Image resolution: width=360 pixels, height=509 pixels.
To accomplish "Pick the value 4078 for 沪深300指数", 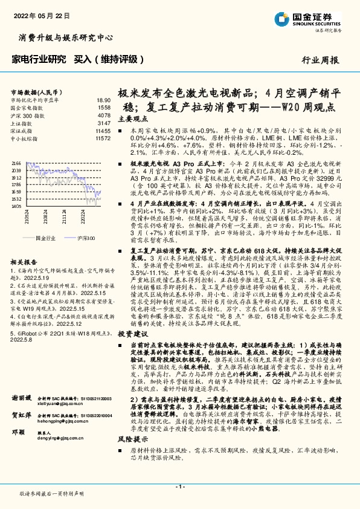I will pos(104,115).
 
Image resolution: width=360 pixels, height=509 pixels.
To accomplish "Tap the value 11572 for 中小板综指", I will pos(103,138).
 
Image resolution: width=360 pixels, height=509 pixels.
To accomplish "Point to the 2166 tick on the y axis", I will pos(16,163).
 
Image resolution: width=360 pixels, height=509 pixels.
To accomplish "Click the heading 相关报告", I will pos(22,263).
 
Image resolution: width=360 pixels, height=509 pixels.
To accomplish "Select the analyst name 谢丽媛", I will pos(22,415).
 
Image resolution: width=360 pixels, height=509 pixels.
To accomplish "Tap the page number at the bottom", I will pos(179,487).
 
